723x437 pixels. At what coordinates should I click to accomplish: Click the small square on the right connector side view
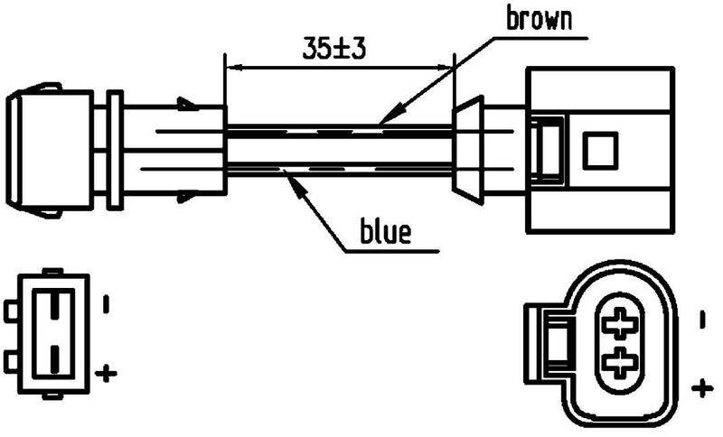(598, 148)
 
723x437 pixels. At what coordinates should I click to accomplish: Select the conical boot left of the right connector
(466, 148)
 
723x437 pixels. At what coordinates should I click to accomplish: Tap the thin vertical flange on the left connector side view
(115, 149)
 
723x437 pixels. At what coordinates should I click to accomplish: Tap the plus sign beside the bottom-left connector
(107, 371)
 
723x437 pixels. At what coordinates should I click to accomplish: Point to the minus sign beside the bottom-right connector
(701, 319)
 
